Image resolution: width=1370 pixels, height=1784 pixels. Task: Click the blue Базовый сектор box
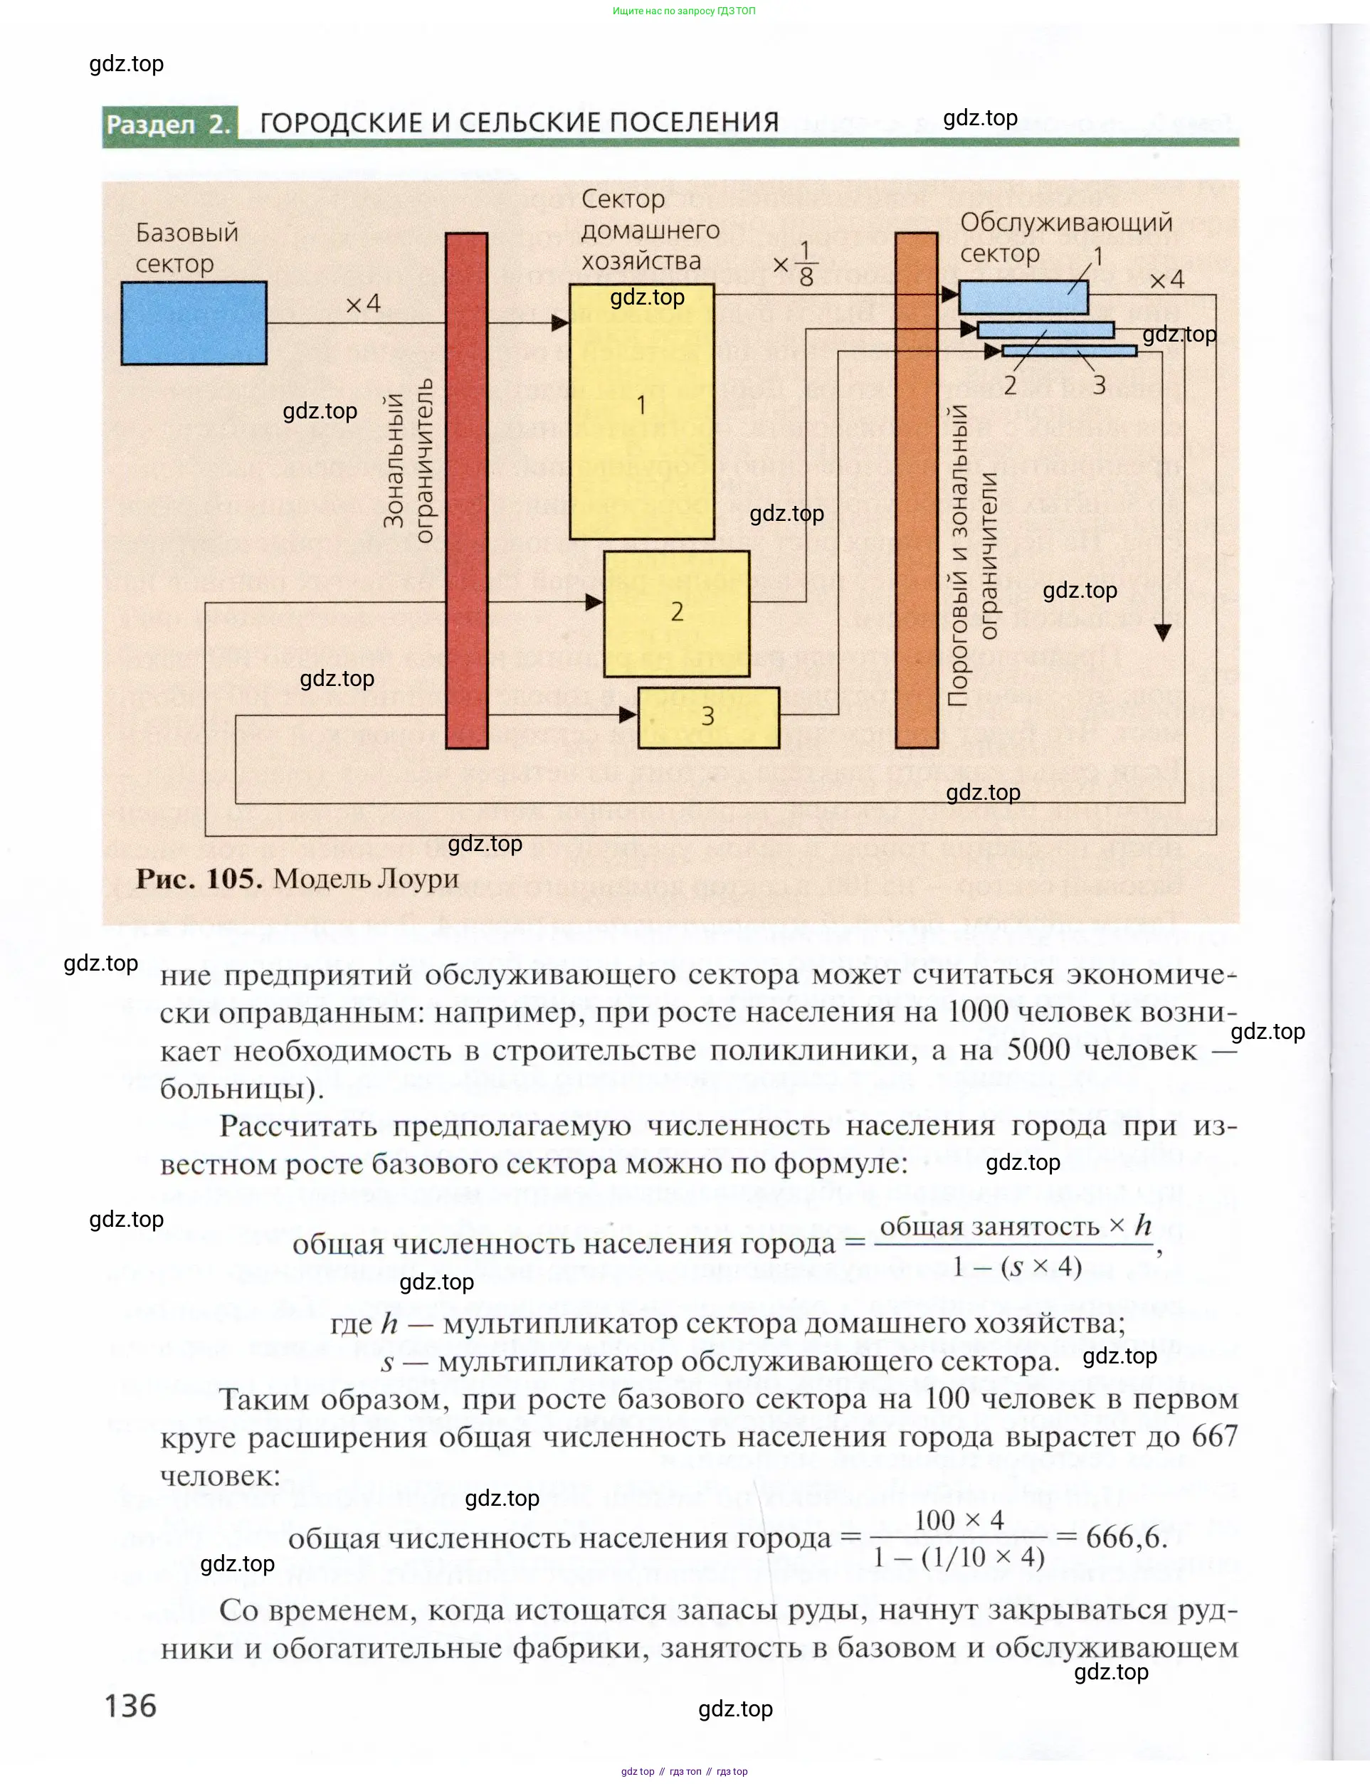(194, 323)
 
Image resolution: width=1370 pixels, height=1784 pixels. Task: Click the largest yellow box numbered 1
(642, 412)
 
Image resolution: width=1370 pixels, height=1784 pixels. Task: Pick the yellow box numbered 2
(676, 613)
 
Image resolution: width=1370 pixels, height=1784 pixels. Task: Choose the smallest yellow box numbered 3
(708, 717)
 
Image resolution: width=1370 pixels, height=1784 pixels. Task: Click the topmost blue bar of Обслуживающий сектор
(1023, 297)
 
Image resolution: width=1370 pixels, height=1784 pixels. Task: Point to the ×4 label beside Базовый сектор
(363, 304)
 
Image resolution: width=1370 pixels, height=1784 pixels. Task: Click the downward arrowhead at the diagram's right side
(1163, 632)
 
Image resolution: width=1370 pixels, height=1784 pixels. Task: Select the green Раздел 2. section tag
(169, 125)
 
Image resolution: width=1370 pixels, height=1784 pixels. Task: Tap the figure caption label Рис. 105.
(198, 879)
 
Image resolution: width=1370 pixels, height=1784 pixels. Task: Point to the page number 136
(130, 1705)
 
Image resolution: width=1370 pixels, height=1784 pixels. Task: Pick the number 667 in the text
(1214, 1436)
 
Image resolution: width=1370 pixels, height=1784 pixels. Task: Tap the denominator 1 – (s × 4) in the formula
(1017, 1266)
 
